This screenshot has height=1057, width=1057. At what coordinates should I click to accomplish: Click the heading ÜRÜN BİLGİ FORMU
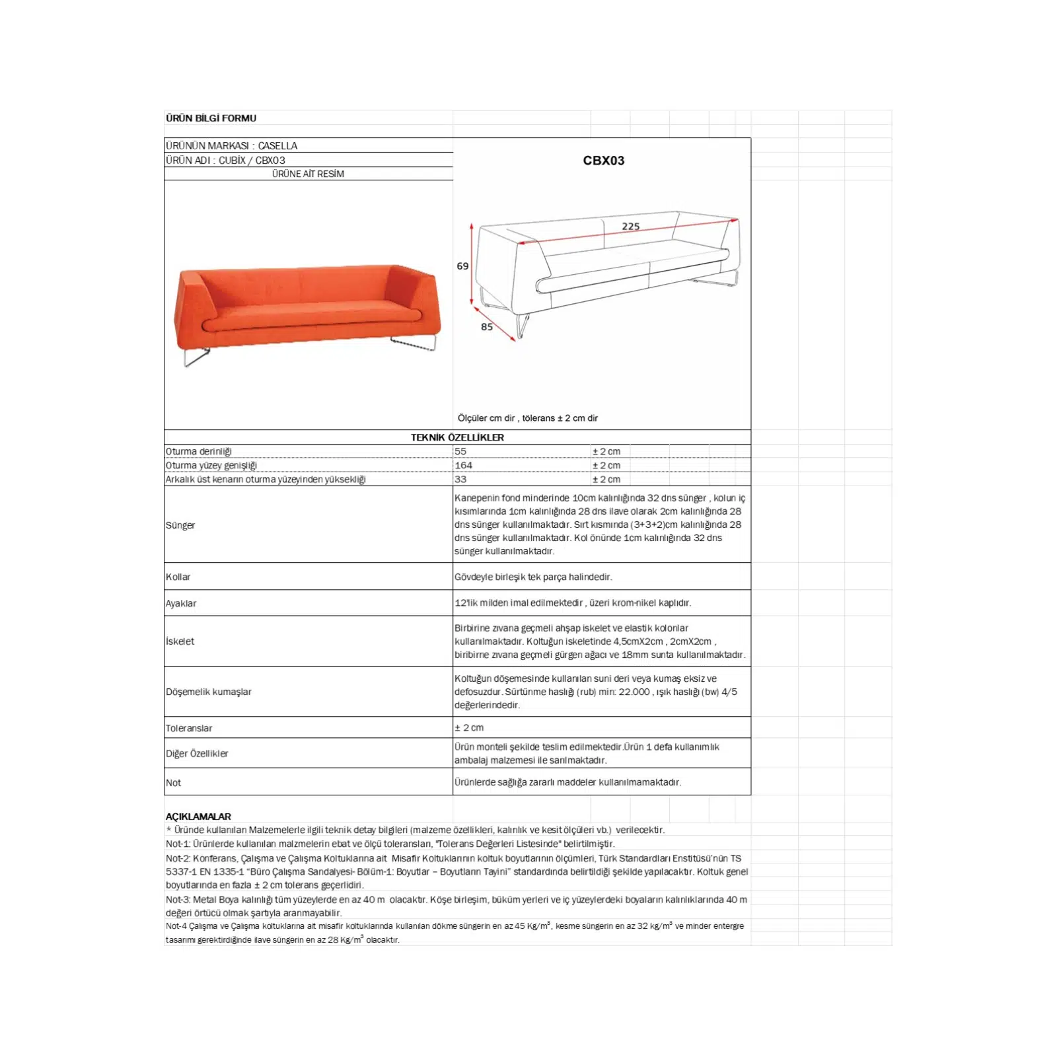pyautogui.click(x=211, y=118)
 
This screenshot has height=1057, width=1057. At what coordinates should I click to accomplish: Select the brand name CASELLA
pyautogui.click(x=277, y=145)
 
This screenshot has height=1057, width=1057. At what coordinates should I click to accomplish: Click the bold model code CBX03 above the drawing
pyautogui.click(x=603, y=161)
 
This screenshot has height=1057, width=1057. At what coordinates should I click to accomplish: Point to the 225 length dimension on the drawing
pyautogui.click(x=631, y=227)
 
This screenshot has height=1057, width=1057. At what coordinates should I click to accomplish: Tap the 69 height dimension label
pyautogui.click(x=462, y=266)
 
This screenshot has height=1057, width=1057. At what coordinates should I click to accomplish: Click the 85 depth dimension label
pyautogui.click(x=487, y=327)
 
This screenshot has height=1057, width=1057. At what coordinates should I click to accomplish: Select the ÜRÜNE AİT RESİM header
pyautogui.click(x=308, y=174)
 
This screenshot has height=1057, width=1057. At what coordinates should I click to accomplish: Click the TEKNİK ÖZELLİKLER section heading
pyautogui.click(x=457, y=437)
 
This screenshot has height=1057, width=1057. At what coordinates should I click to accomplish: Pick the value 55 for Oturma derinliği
pyautogui.click(x=460, y=451)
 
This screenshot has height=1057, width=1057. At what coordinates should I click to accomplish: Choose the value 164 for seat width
pyautogui.click(x=463, y=465)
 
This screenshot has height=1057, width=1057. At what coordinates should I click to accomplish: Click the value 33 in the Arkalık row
pyautogui.click(x=460, y=479)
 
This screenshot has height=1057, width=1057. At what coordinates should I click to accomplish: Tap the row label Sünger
pyautogui.click(x=180, y=525)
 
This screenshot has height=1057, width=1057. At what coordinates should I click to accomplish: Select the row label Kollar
pyautogui.click(x=178, y=577)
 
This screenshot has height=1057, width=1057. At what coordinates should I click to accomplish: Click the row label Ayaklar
pyautogui.click(x=181, y=603)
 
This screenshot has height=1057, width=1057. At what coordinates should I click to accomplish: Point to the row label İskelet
pyautogui.click(x=180, y=641)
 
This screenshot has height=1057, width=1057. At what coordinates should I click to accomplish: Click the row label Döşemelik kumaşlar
pyautogui.click(x=209, y=692)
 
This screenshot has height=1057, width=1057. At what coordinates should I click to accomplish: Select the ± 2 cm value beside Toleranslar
pyautogui.click(x=469, y=727)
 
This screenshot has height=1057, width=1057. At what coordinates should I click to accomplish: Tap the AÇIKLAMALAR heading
pyautogui.click(x=198, y=817)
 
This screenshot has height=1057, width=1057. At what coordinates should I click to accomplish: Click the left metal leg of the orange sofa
pyautogui.click(x=195, y=357)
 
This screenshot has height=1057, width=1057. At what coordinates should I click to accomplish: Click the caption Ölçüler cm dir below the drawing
pyautogui.click(x=486, y=418)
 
